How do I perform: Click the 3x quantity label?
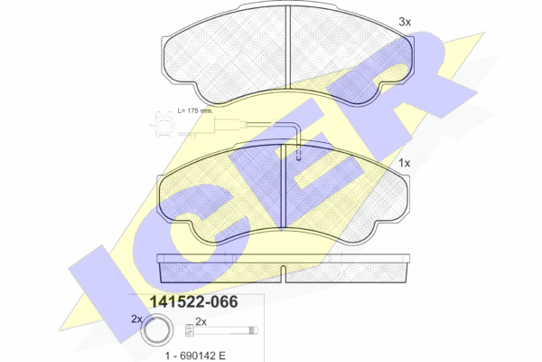(405, 22)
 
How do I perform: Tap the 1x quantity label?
(404, 163)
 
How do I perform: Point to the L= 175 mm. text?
(195, 110)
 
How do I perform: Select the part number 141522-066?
(193, 301)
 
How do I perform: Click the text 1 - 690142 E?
(195, 356)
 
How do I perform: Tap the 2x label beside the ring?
(136, 319)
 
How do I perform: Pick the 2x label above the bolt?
(201, 322)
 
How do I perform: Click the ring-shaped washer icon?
(157, 330)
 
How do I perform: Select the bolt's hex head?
(190, 329)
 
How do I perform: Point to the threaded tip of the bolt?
(254, 330)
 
